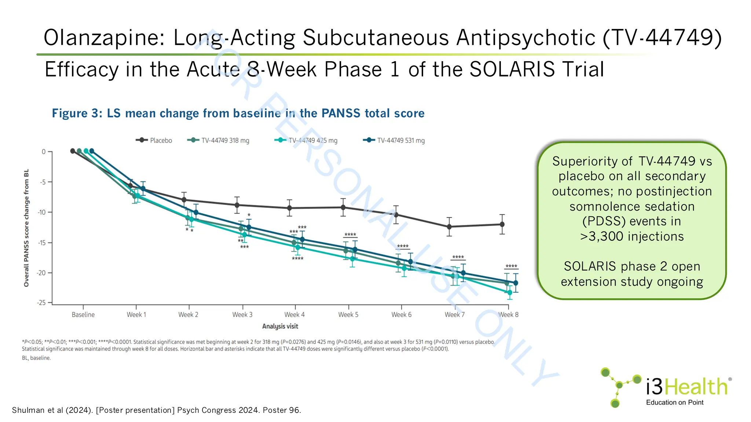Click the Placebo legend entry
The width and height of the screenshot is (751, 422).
154,140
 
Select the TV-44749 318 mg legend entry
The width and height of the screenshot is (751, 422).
219,140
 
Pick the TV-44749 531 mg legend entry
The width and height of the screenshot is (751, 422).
394,140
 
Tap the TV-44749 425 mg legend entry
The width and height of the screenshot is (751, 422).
306,140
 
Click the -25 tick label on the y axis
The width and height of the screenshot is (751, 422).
41,303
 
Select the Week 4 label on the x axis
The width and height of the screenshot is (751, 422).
294,315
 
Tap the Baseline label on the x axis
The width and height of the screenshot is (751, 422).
83,315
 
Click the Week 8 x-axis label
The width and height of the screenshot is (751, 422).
508,315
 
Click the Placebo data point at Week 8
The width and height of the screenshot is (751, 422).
502,224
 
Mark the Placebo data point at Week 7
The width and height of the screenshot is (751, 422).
449,227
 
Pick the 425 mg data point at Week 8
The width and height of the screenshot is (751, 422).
510,292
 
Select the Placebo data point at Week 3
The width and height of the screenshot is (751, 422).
237,205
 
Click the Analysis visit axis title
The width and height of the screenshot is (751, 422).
280,326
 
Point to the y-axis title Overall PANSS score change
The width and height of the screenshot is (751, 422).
26,228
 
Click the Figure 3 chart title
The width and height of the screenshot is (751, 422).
238,113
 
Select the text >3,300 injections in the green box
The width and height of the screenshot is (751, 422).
632,236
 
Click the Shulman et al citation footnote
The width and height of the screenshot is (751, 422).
157,410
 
